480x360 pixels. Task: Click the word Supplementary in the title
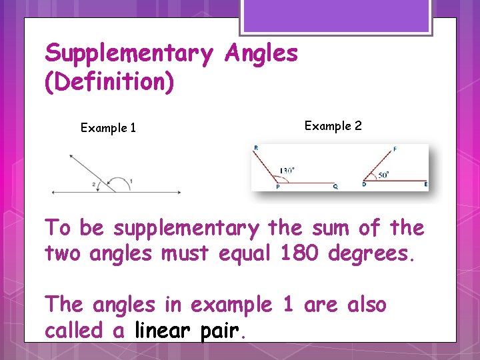tap(128, 53)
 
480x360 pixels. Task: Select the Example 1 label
tap(108, 128)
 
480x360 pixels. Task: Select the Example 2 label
tap(333, 125)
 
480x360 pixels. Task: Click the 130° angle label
tap(287, 170)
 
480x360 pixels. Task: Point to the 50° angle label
tap(383, 175)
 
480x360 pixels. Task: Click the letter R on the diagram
tap(256, 148)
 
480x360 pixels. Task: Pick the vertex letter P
tap(277, 187)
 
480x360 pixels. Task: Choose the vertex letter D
tap(363, 184)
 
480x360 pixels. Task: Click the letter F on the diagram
tap(395, 149)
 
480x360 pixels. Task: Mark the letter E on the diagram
tap(425, 184)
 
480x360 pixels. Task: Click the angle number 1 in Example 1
tap(131, 181)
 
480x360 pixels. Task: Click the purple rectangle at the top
tap(336, 15)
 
